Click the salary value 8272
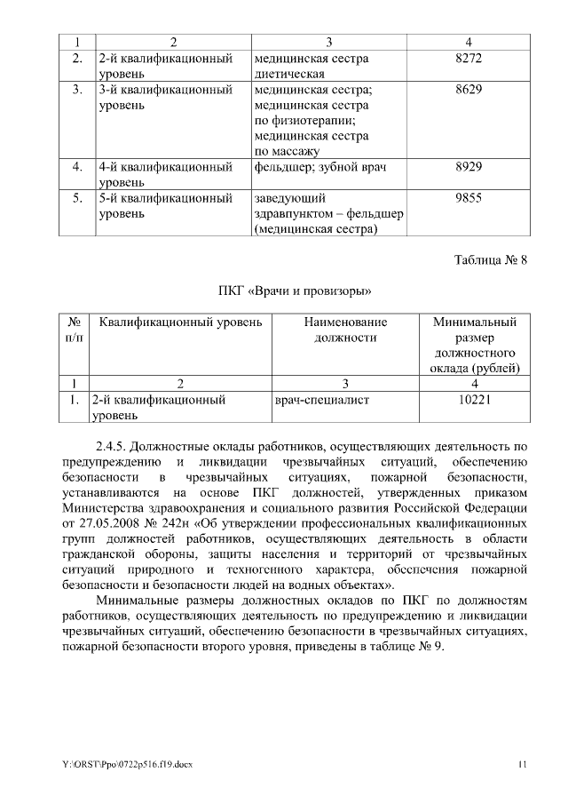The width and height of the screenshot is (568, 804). (x=468, y=59)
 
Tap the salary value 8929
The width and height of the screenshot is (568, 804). (x=468, y=167)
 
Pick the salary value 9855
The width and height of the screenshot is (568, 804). (x=468, y=198)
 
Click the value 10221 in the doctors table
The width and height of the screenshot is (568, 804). (x=475, y=400)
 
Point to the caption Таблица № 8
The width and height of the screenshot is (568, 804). (x=491, y=260)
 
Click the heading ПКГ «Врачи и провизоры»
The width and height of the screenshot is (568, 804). (x=295, y=291)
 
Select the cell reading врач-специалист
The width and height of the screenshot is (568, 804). (x=322, y=400)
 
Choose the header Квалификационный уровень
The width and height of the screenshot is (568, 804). (x=181, y=322)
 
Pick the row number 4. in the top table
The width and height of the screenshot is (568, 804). (x=77, y=167)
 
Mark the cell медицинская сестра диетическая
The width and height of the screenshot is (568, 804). (x=310, y=67)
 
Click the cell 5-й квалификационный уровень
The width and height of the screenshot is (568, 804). (x=165, y=206)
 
